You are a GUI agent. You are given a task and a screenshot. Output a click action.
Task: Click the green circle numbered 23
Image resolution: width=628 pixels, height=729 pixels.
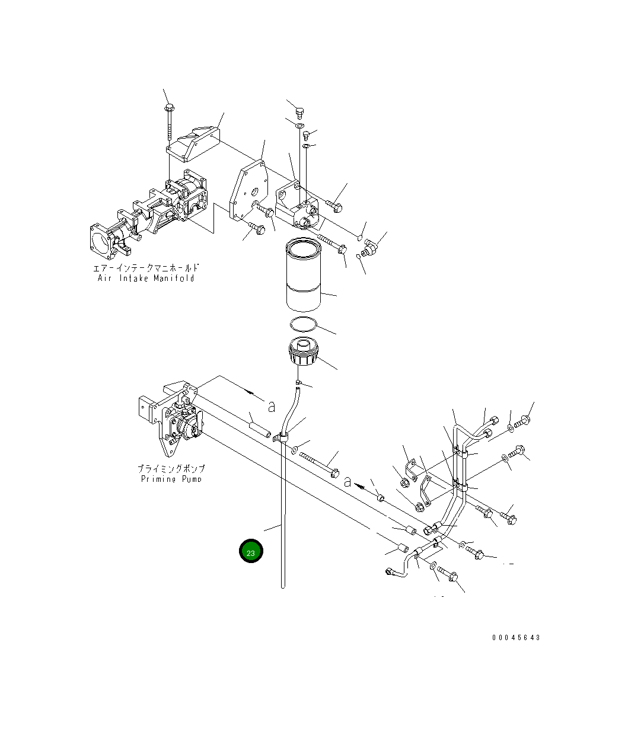(251, 552)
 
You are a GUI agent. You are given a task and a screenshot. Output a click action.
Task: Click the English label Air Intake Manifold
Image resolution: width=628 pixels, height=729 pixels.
(146, 278)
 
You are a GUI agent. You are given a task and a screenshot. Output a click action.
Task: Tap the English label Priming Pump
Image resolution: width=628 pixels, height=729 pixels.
(171, 479)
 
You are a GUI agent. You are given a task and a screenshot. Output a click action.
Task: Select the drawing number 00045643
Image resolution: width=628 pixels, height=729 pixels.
(515, 638)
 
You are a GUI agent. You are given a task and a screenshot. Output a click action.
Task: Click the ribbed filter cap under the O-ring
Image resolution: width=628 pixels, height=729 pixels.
(303, 353)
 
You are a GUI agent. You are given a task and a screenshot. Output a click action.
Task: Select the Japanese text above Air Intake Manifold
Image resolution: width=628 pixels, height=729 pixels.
(146, 268)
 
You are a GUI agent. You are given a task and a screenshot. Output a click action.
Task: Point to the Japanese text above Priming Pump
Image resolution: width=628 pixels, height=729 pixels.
(171, 469)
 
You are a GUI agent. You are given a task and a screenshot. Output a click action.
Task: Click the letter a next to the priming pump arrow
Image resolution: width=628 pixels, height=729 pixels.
(272, 406)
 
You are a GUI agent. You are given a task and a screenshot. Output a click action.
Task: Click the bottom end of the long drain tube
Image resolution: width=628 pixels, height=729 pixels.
(283, 585)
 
